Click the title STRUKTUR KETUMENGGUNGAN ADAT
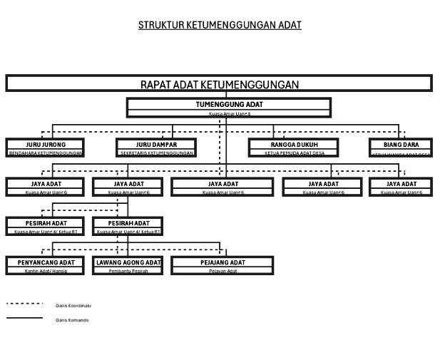click(220, 25)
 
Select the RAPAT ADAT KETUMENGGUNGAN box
click(220, 84)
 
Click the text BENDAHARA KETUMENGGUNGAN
click(46, 153)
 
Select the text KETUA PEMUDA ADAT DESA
click(294, 153)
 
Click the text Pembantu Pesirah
click(128, 271)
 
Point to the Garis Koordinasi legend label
click(73, 305)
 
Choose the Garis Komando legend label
click(72, 320)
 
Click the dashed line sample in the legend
click(25, 304)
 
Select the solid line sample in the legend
click(25, 318)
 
